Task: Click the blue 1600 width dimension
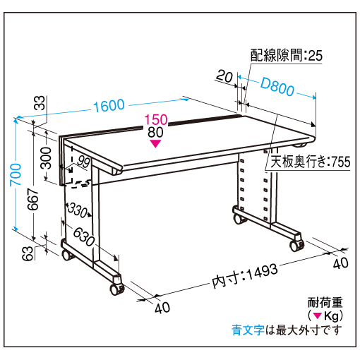(109, 105)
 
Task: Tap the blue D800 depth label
(277, 86)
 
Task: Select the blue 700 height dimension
(16, 174)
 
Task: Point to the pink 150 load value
(156, 119)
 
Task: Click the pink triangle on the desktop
(155, 143)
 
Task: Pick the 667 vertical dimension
(33, 199)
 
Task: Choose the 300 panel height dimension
(46, 158)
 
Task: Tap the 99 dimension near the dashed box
(83, 162)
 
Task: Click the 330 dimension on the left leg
(78, 210)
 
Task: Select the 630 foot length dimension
(84, 237)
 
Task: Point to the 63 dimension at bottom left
(28, 253)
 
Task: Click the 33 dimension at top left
(40, 103)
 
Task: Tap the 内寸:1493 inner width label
(245, 276)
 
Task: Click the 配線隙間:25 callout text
(286, 56)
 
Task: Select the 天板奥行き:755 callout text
(311, 162)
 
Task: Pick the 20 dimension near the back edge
(224, 76)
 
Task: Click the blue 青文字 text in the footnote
(248, 330)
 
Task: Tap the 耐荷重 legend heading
(325, 302)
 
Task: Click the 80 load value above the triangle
(155, 132)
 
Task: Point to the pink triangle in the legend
(318, 316)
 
